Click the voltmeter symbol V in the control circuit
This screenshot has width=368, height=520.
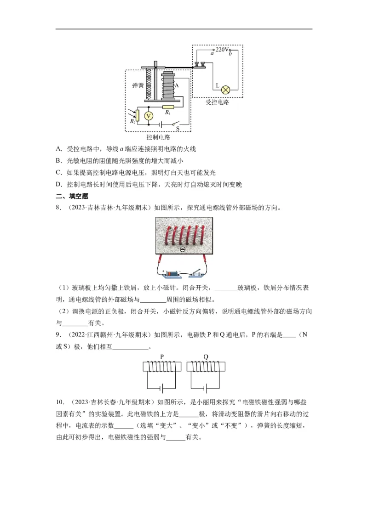[149, 116]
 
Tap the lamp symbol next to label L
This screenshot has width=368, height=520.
[226, 90]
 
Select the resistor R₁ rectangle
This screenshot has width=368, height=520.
[168, 107]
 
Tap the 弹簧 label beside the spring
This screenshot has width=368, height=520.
[138, 85]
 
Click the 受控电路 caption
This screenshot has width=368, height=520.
[217, 102]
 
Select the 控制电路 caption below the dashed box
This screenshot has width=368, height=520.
[158, 137]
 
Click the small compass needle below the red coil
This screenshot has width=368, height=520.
[183, 249]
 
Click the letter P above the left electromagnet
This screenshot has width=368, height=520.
[162, 357]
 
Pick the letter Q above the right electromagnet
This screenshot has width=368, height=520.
[206, 357]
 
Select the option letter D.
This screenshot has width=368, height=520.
[58, 185]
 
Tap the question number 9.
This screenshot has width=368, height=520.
[58, 335]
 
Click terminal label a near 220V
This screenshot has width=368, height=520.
[212, 54]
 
